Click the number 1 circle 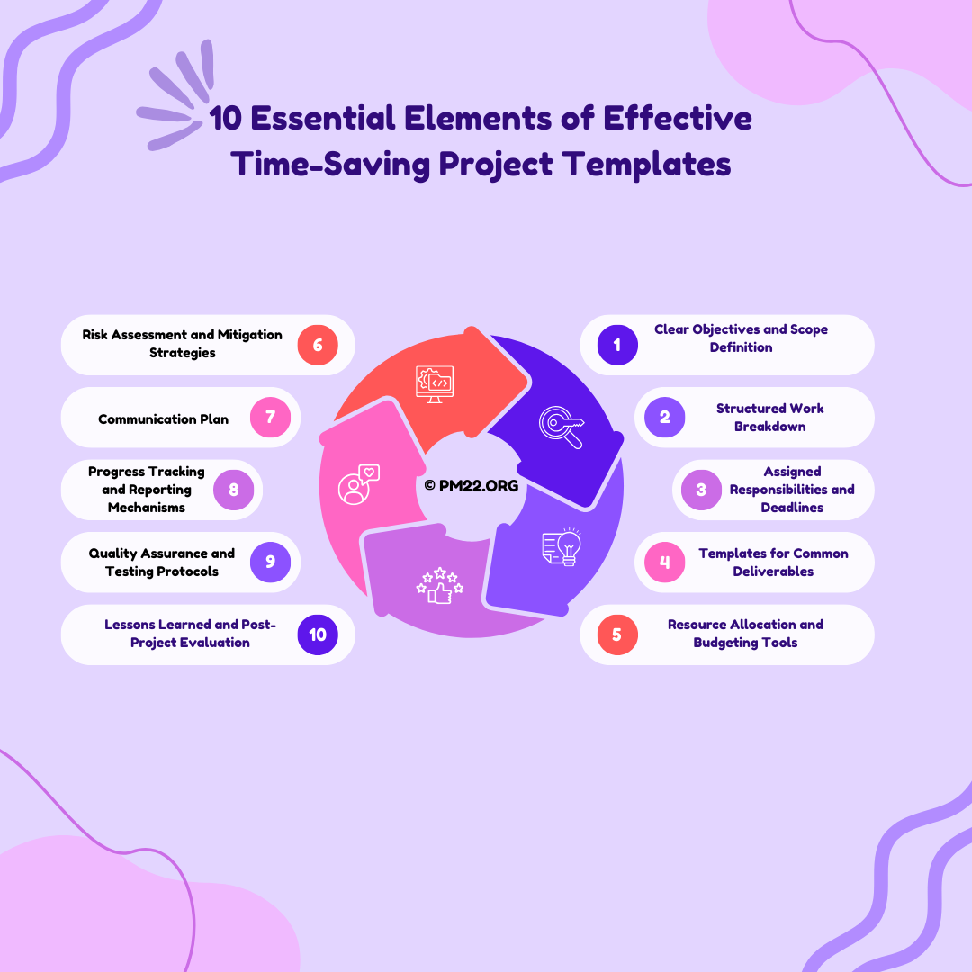[x=617, y=345]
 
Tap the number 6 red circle [x=318, y=345]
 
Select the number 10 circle [x=318, y=634]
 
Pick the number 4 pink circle [x=664, y=562]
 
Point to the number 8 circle [x=234, y=490]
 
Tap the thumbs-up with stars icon [x=439, y=585]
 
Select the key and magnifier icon [x=562, y=427]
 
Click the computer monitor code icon [x=435, y=383]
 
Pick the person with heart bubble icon [x=359, y=485]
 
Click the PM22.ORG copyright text [x=471, y=485]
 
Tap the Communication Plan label [x=163, y=419]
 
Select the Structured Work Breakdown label [x=769, y=418]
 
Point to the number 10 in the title [x=225, y=118]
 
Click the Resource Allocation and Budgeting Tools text [x=745, y=634]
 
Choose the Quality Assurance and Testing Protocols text [x=162, y=562]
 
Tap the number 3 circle [x=701, y=490]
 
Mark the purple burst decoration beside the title [x=175, y=95]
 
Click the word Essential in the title [x=323, y=118]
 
